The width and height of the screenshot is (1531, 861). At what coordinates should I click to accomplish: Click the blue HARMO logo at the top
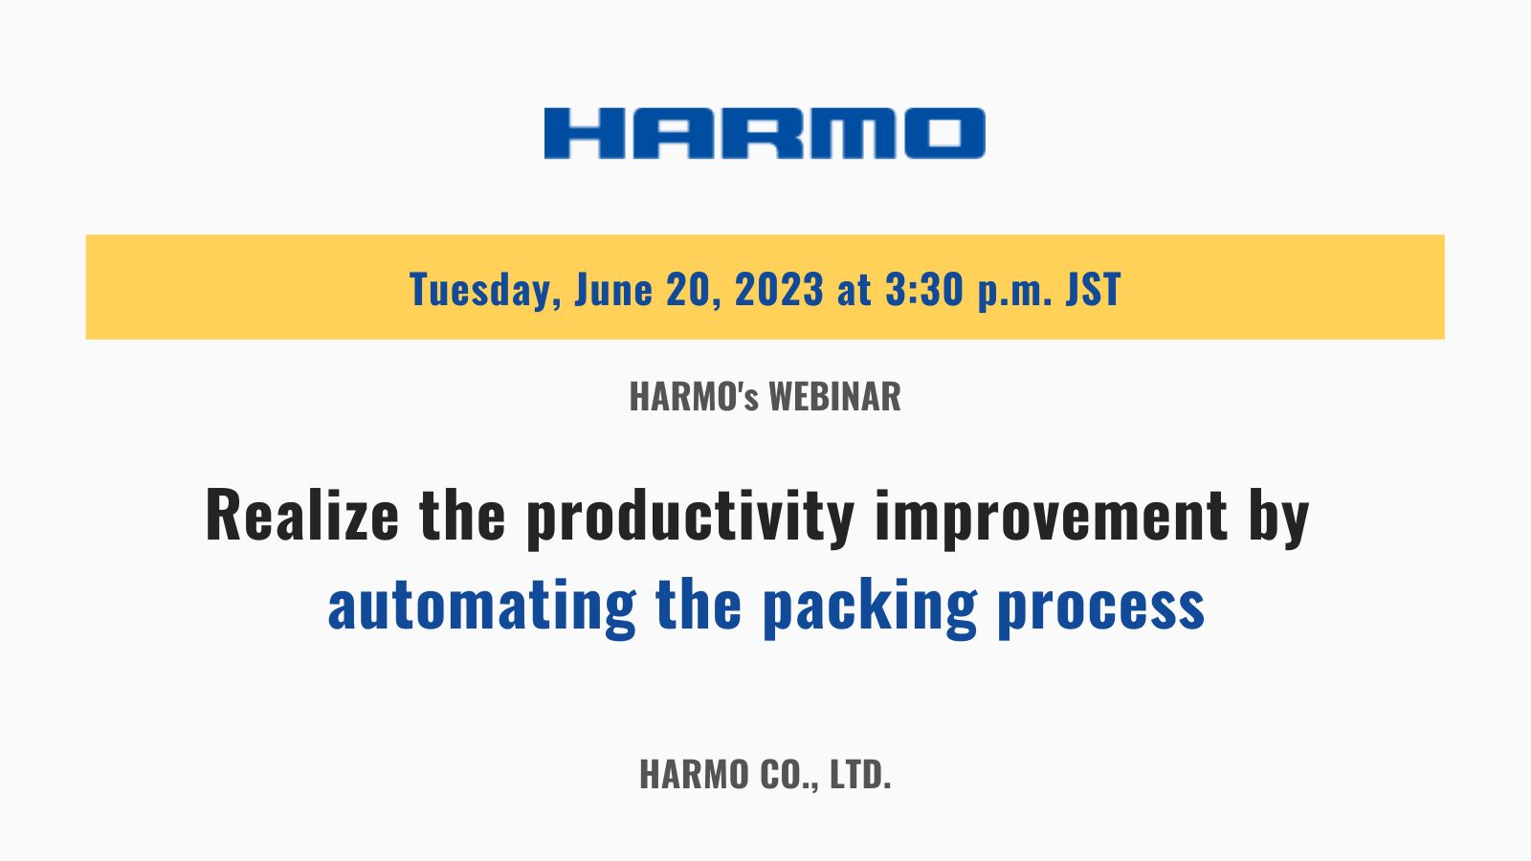[x=765, y=133]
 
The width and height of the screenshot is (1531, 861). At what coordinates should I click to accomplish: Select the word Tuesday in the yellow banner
[x=485, y=290]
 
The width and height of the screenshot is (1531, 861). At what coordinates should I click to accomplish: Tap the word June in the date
[x=613, y=289]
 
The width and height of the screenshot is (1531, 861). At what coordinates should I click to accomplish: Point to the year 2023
[x=779, y=289]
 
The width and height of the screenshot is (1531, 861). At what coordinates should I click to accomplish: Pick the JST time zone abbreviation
[x=1094, y=289]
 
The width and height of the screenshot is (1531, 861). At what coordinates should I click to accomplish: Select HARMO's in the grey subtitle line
[x=694, y=396]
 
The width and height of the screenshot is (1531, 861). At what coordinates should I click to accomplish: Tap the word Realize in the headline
[x=301, y=515]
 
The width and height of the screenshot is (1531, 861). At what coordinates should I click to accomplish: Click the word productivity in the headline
[x=690, y=519]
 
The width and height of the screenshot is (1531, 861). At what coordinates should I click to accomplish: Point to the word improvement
[x=1052, y=519]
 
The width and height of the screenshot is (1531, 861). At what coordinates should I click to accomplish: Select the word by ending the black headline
[x=1278, y=519]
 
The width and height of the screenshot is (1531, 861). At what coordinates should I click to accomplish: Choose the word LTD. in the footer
[x=860, y=774]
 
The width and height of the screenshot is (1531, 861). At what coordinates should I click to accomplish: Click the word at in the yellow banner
[x=854, y=291]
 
